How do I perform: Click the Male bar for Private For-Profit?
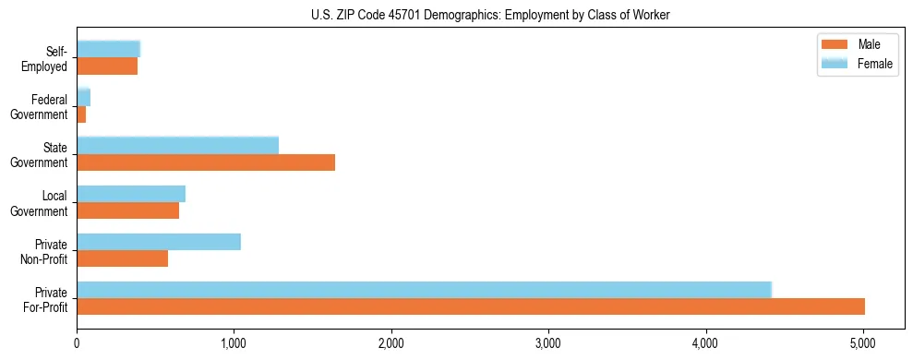point(471,306)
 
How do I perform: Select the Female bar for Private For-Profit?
point(424,290)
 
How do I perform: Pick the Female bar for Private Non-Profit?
point(159,242)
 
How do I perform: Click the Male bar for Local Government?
point(128,210)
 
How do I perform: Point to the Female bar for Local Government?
point(131,194)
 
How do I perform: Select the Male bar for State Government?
point(206,162)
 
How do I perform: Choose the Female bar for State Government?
point(177,146)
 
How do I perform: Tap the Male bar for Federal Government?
point(81,114)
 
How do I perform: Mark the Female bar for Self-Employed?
point(108,50)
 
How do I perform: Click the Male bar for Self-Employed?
point(107,66)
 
